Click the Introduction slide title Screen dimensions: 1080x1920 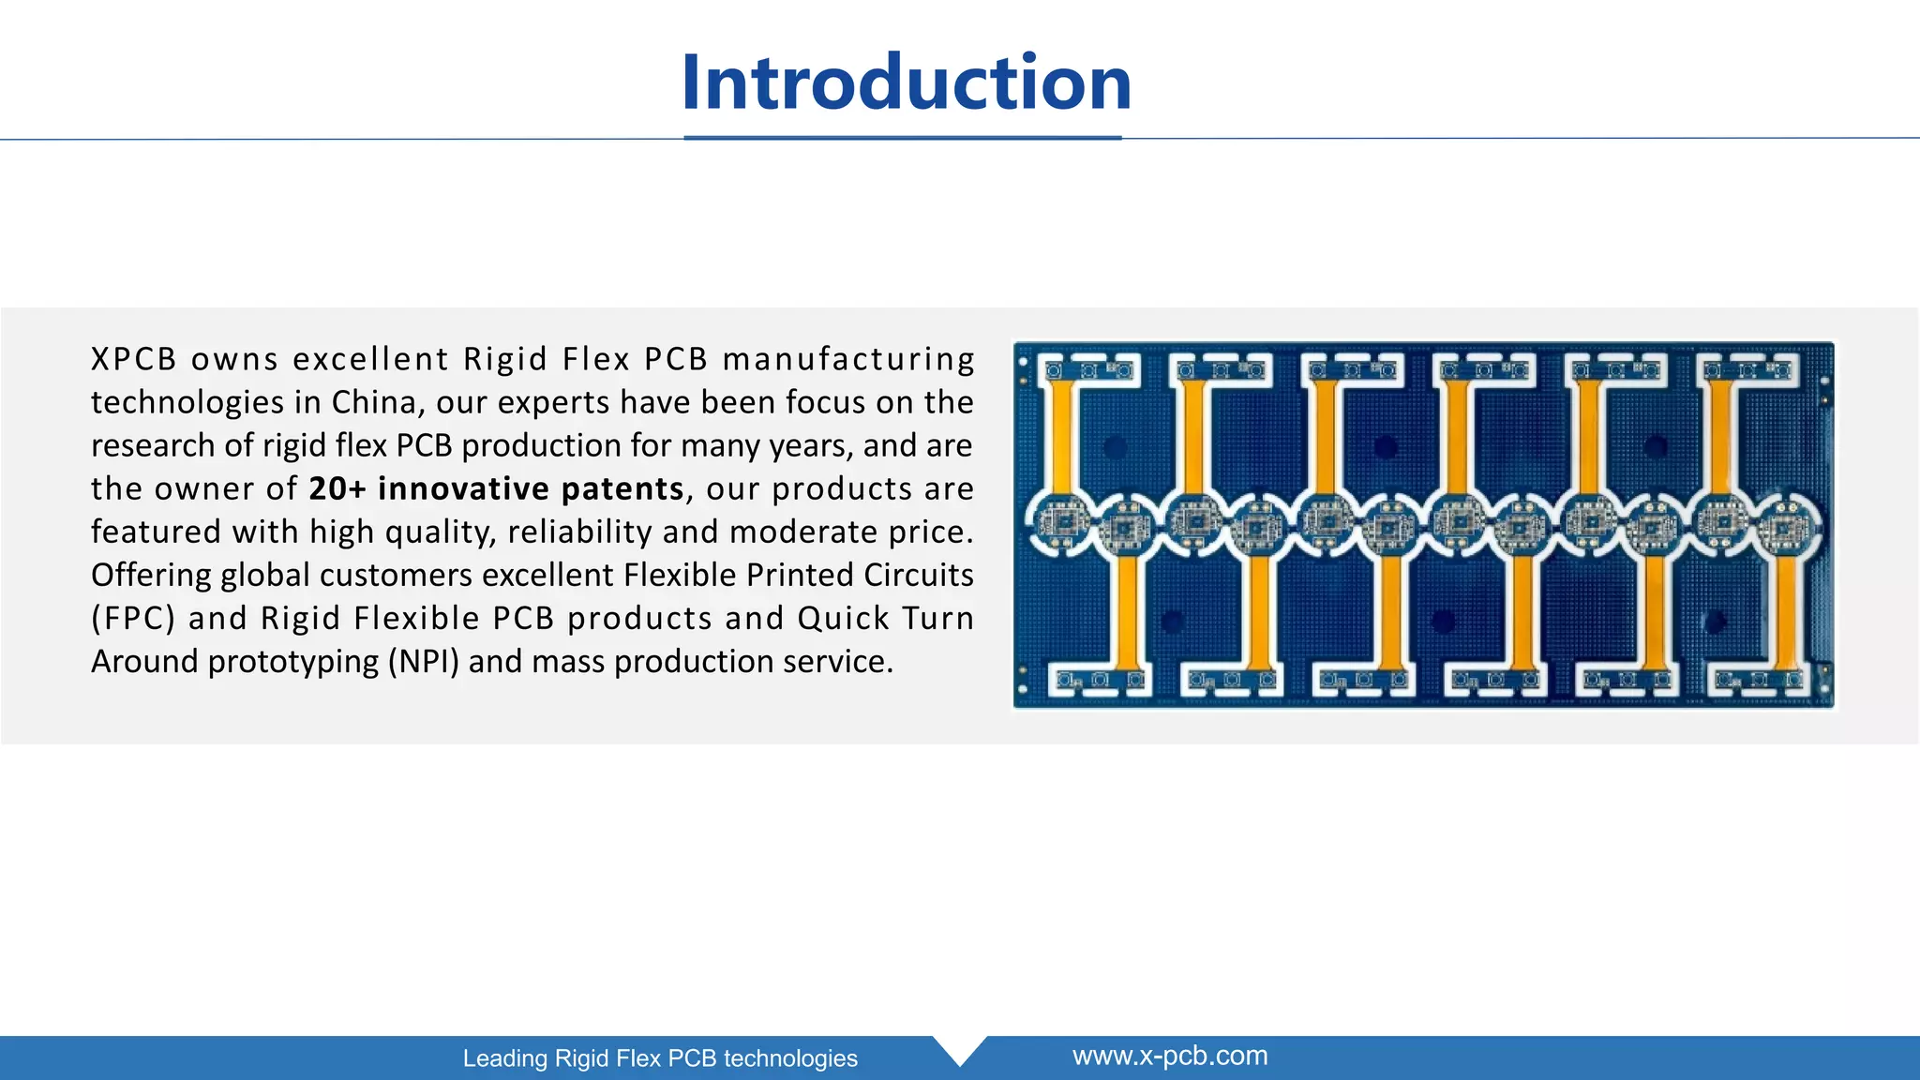tap(907, 82)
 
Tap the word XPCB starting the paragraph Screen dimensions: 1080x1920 tap(134, 359)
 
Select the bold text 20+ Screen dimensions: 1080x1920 tap(337, 488)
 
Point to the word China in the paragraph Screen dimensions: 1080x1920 tap(373, 402)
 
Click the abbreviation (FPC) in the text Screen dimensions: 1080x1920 tap(133, 619)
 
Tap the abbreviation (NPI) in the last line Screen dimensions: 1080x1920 tap(424, 662)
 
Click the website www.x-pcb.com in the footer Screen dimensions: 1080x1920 tap(1169, 1056)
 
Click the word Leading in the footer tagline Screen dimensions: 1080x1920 tap(505, 1058)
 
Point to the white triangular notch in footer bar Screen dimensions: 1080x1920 tap(960, 1048)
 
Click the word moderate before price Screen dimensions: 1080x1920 tap(789, 532)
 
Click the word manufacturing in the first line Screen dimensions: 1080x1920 tap(848, 359)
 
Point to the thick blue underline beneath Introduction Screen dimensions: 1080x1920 tap(902, 138)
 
